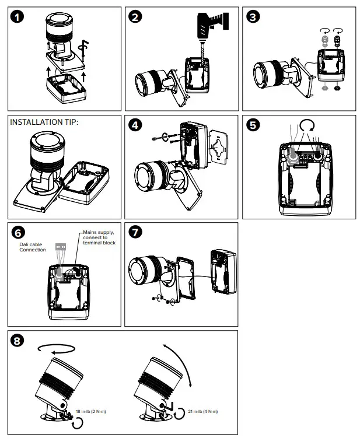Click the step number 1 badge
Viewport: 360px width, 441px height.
tap(18, 17)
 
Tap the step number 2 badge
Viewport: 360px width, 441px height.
tap(136, 17)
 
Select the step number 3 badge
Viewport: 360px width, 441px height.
tap(254, 17)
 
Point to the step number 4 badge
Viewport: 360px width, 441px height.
tap(136, 125)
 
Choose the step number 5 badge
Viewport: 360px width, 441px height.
tap(254, 125)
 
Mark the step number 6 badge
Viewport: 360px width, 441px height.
tap(18, 233)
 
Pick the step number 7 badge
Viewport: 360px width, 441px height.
tap(136, 233)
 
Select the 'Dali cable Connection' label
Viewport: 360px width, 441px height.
tap(32, 247)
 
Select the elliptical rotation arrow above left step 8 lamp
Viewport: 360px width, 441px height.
tap(55, 348)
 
